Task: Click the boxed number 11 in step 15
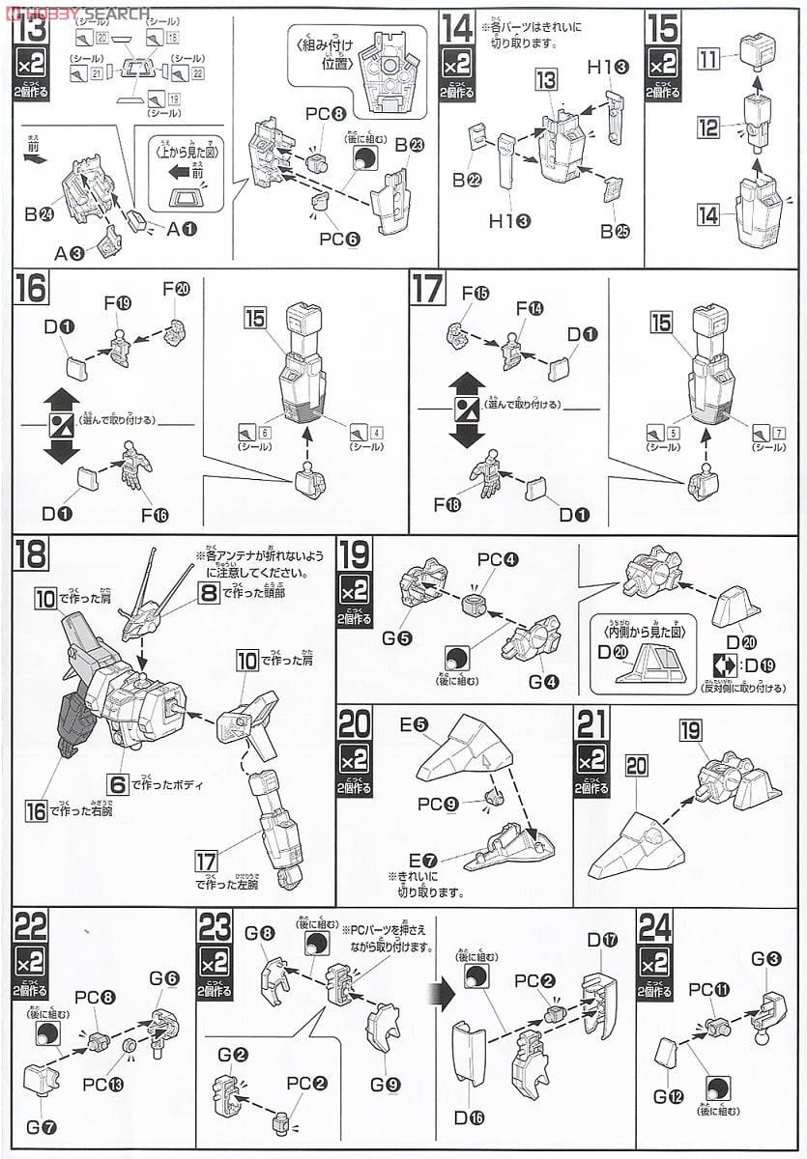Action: pos(707,61)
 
